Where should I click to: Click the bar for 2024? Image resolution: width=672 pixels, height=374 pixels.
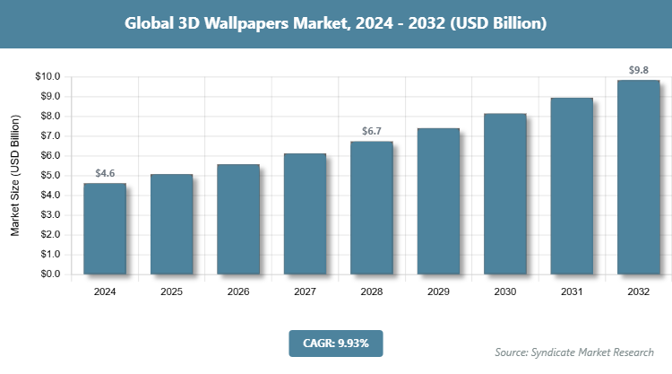pyautogui.click(x=105, y=229)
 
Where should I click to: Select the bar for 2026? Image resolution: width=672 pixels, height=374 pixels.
pyautogui.click(x=238, y=220)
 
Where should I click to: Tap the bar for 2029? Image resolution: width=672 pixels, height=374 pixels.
pyautogui.click(x=438, y=202)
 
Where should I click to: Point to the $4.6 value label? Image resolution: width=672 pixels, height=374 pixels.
pyautogui.click(x=105, y=173)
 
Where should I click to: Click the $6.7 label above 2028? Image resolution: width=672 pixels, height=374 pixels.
pyautogui.click(x=372, y=132)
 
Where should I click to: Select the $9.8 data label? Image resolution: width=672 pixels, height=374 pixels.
pyautogui.click(x=638, y=70)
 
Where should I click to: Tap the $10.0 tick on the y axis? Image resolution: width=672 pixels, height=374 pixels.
pyautogui.click(x=47, y=77)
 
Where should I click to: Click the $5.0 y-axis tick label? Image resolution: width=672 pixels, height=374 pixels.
pyautogui.click(x=47, y=176)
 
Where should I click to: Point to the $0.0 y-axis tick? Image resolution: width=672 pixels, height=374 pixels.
pyautogui.click(x=47, y=274)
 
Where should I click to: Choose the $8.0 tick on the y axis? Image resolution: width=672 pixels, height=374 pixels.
pyautogui.click(x=47, y=117)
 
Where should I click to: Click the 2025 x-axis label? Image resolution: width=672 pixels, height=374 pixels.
pyautogui.click(x=171, y=292)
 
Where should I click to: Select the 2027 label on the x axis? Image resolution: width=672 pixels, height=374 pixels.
pyautogui.click(x=305, y=292)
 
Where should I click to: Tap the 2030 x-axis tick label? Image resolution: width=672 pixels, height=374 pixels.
pyautogui.click(x=504, y=292)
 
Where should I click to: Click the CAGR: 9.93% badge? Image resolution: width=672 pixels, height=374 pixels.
pyautogui.click(x=335, y=343)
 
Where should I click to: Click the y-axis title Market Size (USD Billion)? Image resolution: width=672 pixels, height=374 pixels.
pyautogui.click(x=15, y=176)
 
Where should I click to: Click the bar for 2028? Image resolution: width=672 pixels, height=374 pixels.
pyautogui.click(x=372, y=208)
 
